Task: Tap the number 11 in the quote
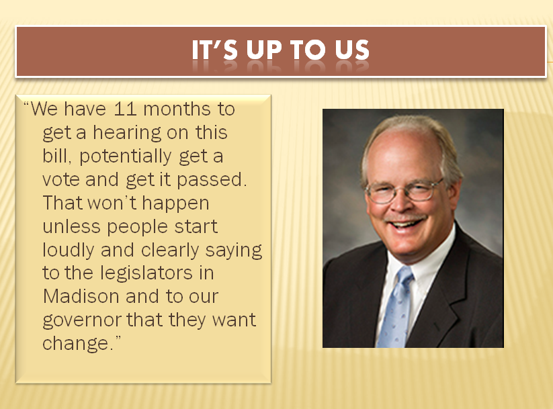pyautogui.click(x=125, y=109)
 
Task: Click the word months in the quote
pyautogui.click(x=177, y=109)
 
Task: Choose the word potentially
pyautogui.click(x=126, y=157)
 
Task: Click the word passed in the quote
pyautogui.click(x=209, y=181)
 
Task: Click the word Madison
pyautogui.click(x=81, y=296)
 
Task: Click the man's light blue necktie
pyautogui.click(x=396, y=308)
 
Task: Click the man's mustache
pyautogui.click(x=405, y=218)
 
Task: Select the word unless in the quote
pyautogui.click(x=72, y=227)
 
